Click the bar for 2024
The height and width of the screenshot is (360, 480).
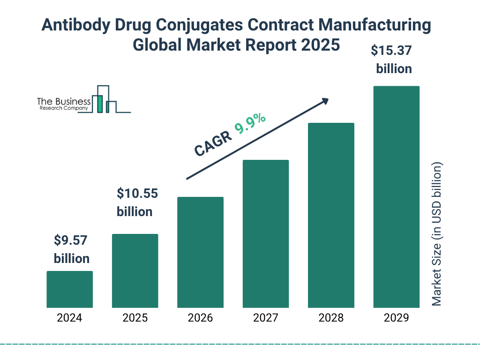coord(69,289)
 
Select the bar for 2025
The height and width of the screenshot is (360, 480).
coord(135,271)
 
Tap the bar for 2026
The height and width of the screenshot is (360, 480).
coord(200,252)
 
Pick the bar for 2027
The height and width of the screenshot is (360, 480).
coord(265,234)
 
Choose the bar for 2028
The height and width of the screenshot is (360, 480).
coord(331,215)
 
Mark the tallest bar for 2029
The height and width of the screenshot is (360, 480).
coord(396,197)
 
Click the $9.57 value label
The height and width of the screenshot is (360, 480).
coord(71,240)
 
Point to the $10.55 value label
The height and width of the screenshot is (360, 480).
coord(137,193)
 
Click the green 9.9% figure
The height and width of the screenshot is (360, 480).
coord(251,124)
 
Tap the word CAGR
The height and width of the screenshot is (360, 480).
coord(213,143)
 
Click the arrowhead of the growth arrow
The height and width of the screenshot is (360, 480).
coord(324,101)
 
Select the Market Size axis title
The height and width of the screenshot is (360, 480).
coord(437,234)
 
